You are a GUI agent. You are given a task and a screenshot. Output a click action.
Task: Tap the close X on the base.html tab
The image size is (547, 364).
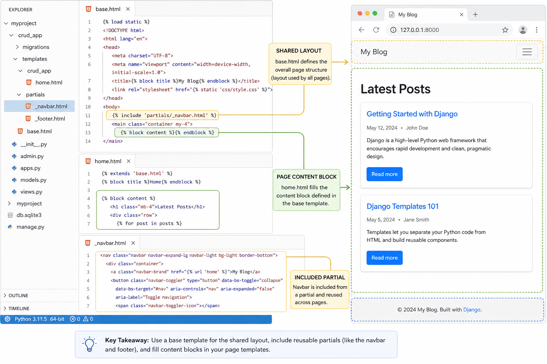tap(128, 9)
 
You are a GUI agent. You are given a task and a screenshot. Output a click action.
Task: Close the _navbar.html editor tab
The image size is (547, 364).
tap(133, 243)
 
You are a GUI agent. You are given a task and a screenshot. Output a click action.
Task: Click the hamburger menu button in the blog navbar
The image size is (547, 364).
tap(527, 52)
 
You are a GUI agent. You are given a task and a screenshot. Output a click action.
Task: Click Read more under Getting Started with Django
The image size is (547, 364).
tap(384, 174)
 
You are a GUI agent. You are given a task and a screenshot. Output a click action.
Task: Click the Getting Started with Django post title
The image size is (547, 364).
tap(412, 114)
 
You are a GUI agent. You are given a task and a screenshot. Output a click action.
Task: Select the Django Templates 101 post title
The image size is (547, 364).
tap(402, 206)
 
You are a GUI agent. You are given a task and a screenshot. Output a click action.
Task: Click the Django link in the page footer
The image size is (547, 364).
tap(472, 310)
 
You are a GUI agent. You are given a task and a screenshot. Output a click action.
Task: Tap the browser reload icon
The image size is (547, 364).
tap(376, 30)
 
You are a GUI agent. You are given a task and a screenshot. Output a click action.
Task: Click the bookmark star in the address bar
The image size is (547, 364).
tap(505, 30)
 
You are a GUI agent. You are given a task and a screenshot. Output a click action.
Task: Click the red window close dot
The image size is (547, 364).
tap(360, 14)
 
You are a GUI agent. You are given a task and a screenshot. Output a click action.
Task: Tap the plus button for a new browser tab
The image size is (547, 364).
tap(475, 15)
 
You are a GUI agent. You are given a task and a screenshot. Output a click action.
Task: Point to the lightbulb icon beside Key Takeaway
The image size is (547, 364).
tap(89, 344)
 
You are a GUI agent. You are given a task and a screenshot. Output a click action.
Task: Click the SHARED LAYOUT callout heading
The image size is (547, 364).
tap(299, 51)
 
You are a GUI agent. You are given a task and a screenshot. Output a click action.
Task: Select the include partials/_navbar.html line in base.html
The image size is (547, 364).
tap(162, 115)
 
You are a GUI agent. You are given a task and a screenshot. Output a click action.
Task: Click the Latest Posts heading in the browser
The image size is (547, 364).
tap(395, 89)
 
